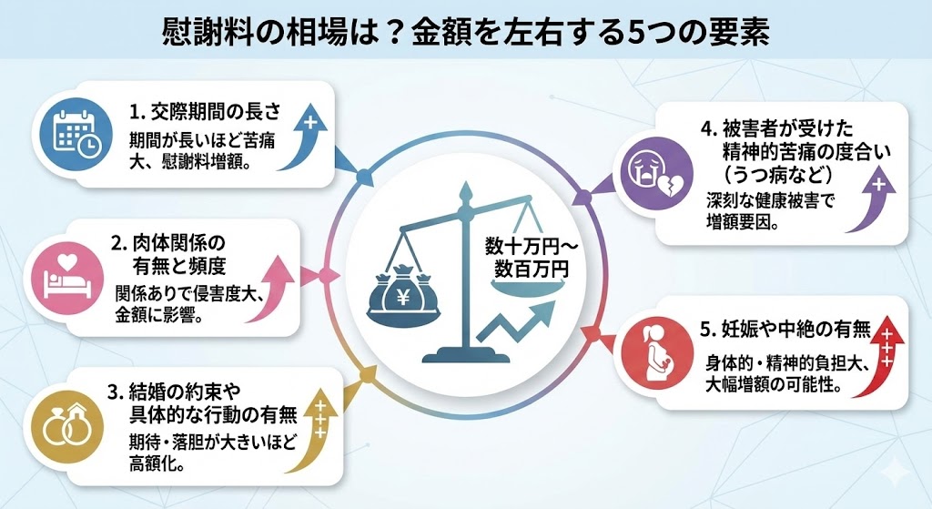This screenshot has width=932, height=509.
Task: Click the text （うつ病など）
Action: point(770,172)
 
